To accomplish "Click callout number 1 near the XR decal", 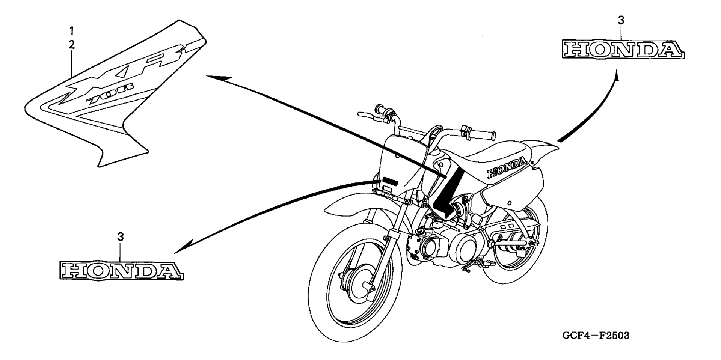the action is [x=72, y=30].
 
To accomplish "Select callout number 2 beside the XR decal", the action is [x=72, y=45].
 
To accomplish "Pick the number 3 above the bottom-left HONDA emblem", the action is [x=120, y=237].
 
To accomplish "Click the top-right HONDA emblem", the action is [x=623, y=50].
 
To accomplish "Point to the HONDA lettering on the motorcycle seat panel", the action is [x=507, y=168].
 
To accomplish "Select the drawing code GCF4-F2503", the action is [x=596, y=335].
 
